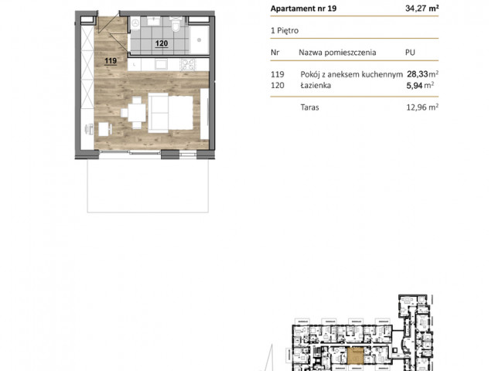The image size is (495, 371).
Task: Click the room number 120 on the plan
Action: (162, 43)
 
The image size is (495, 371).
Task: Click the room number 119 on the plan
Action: (111, 60)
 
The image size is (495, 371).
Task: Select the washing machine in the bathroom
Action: (135, 23)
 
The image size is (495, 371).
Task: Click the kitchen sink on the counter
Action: (161, 64)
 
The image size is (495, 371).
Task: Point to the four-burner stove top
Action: (187, 64)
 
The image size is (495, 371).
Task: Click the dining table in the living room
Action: (136, 113)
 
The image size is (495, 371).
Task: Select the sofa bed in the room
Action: (170, 113)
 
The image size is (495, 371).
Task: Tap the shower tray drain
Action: (199, 40)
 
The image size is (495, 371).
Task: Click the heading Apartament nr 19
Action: (303, 9)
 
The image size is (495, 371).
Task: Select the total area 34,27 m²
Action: (422, 9)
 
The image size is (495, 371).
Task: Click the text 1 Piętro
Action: (285, 31)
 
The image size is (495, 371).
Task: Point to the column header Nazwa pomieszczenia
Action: (337, 53)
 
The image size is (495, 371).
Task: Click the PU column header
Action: (410, 53)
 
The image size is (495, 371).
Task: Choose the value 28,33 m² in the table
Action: (422, 74)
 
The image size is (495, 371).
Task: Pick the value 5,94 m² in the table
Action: (420, 85)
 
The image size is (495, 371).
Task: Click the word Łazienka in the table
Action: (316, 85)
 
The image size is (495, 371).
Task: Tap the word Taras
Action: (309, 107)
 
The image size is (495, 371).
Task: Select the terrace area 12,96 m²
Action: (422, 107)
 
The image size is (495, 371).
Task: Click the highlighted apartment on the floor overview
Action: (355, 356)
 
